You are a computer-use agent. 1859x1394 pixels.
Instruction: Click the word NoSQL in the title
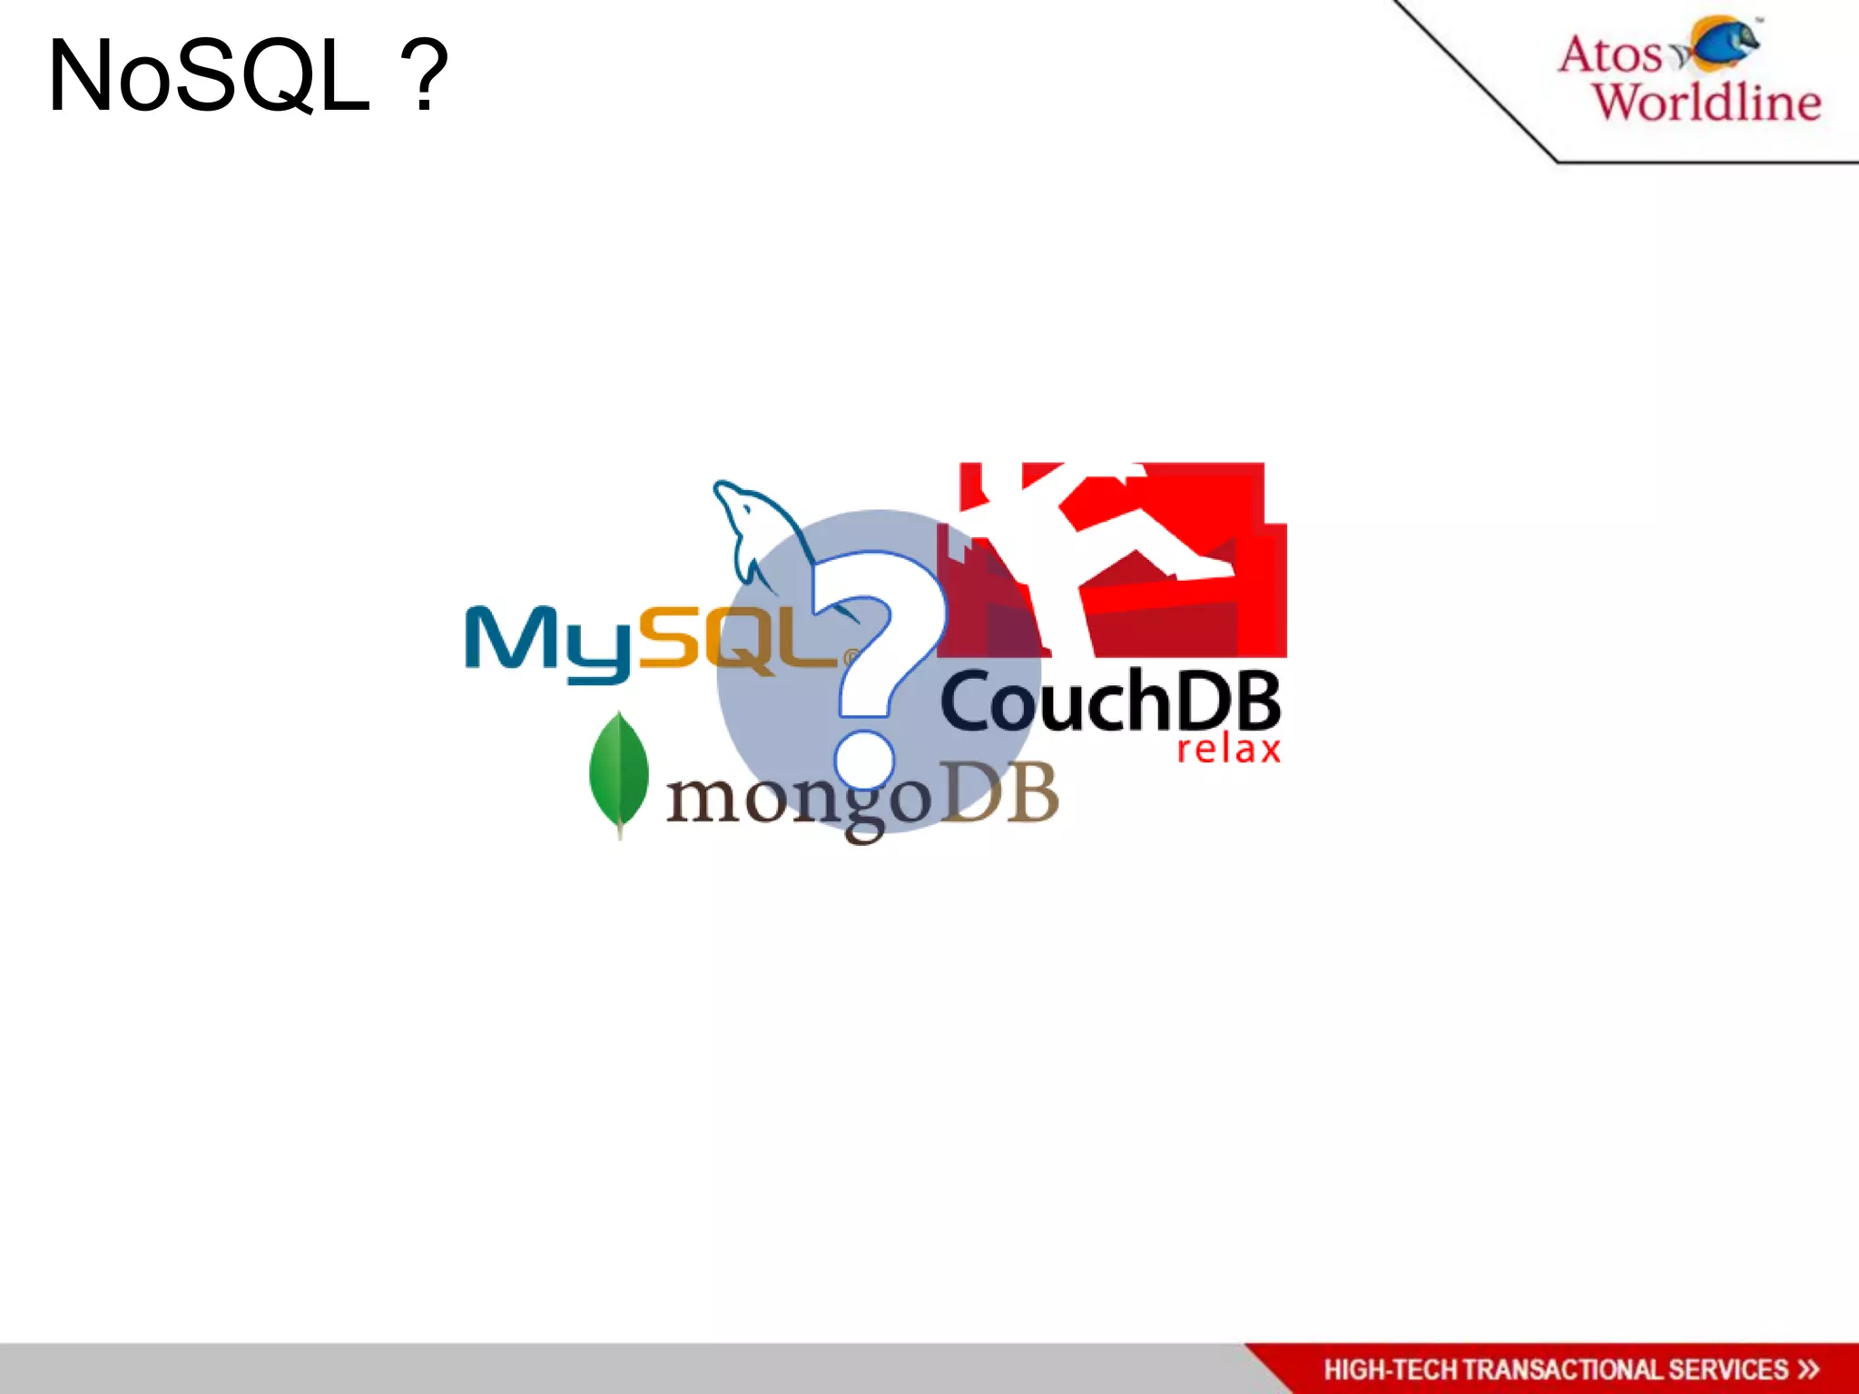[209, 77]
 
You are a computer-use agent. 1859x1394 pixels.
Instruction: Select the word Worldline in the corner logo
[1707, 102]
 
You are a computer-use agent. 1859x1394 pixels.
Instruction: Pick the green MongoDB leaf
[619, 771]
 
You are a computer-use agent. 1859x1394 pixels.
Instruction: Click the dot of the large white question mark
[864, 759]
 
